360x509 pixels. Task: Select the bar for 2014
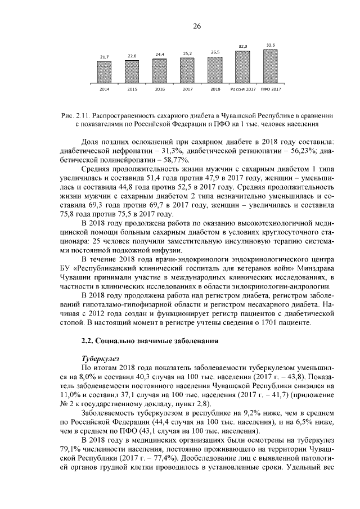(x=105, y=73)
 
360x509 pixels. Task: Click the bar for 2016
(x=160, y=70)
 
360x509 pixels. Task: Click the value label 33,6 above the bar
(x=271, y=44)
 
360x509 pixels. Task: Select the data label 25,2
(x=187, y=53)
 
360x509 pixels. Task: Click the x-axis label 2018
(x=215, y=89)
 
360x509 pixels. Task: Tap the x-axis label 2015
(x=132, y=89)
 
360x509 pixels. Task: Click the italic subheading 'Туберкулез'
(x=100, y=358)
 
